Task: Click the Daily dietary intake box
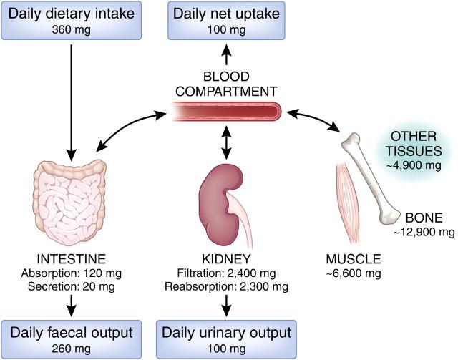(x=72, y=21)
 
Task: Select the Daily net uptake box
(x=226, y=21)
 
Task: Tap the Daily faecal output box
(x=72, y=339)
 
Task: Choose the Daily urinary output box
(x=226, y=339)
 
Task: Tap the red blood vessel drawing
(x=226, y=111)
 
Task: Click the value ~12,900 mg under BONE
(x=424, y=232)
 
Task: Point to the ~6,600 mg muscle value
(x=354, y=273)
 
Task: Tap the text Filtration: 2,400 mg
(x=226, y=273)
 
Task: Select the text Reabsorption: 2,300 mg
(x=226, y=287)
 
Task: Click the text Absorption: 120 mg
(x=72, y=273)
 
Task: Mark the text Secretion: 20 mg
(x=72, y=287)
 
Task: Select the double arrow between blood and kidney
(x=226, y=142)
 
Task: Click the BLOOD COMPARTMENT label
(x=226, y=84)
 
